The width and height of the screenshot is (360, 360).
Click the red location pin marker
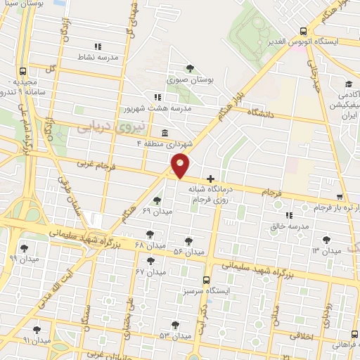pos(181,165)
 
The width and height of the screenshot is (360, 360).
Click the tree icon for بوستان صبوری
pos(190,68)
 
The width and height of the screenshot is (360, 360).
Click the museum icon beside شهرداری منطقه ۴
pos(164,133)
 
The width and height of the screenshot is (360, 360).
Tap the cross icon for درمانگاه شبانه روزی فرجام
pos(210,179)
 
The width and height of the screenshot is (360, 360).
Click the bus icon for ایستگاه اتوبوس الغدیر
pos(303,32)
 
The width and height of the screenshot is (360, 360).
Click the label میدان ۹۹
pos(22,259)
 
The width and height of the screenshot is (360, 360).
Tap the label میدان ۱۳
pos(326,250)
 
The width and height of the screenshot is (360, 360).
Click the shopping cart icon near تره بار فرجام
pos(340,197)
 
